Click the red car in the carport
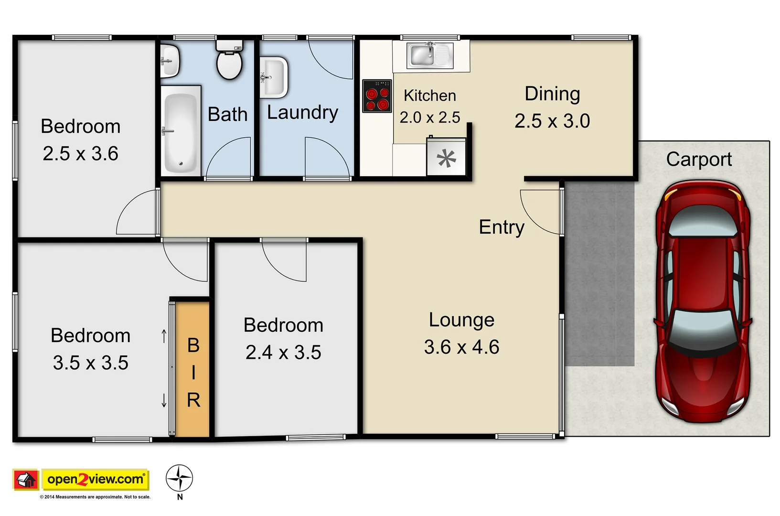pyautogui.click(x=703, y=301)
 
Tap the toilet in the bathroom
pyautogui.click(x=230, y=62)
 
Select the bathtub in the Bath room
pyautogui.click(x=180, y=131)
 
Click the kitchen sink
pyautogui.click(x=429, y=55)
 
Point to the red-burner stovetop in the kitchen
pyautogui.click(x=377, y=96)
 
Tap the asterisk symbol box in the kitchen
pyautogui.click(x=446, y=158)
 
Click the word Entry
pyautogui.click(x=502, y=227)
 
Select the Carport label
pyautogui.click(x=699, y=160)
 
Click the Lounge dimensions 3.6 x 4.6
pyautogui.click(x=461, y=347)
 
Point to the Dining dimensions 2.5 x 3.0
pyautogui.click(x=552, y=121)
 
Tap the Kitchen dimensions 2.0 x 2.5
pyautogui.click(x=430, y=118)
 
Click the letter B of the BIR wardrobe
pyautogui.click(x=193, y=345)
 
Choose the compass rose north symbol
pyautogui.click(x=179, y=478)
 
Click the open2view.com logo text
pyautogui.click(x=96, y=479)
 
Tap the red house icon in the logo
pyautogui.click(x=26, y=479)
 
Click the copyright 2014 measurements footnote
pyautogui.click(x=95, y=497)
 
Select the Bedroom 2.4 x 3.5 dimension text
pyautogui.click(x=283, y=353)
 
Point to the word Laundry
pyautogui.click(x=302, y=113)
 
